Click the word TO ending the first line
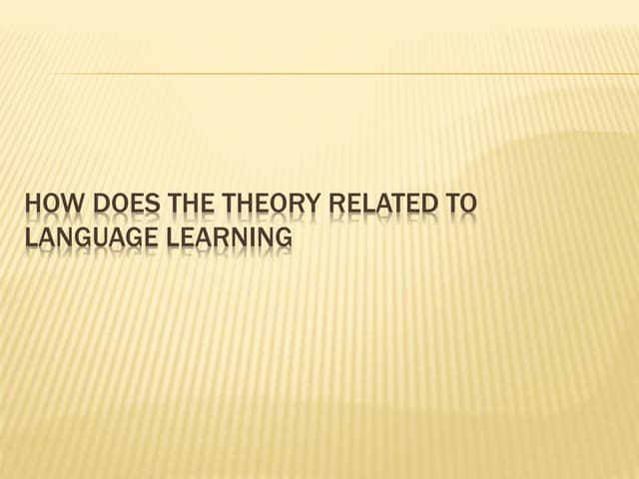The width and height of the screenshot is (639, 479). point(460,206)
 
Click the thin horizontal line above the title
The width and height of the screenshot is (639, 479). point(339,74)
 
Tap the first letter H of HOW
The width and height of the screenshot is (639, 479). point(31,206)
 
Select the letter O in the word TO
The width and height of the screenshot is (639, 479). point(467,206)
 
